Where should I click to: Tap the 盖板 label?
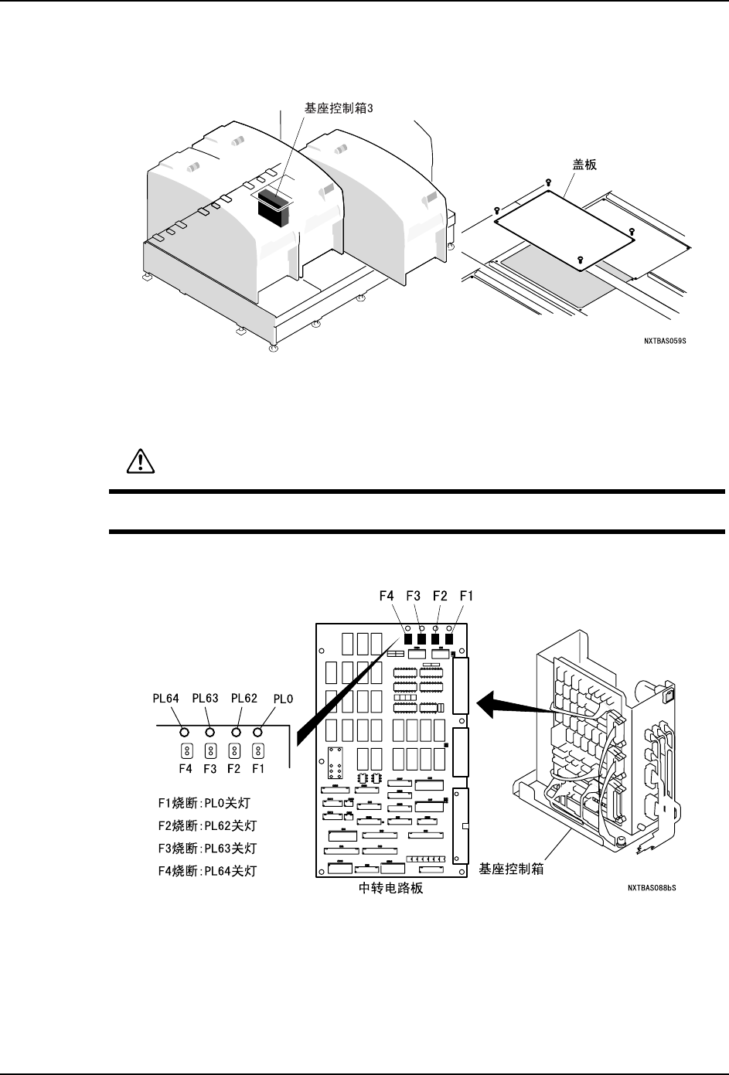[584, 165]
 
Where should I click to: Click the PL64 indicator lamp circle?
[184, 732]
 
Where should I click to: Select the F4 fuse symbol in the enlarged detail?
[186, 750]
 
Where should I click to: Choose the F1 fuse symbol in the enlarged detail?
[259, 750]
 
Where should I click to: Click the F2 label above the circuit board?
[440, 596]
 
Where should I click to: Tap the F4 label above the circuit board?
[387, 596]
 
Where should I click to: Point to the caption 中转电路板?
[391, 889]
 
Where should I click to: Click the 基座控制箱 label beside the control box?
[511, 869]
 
